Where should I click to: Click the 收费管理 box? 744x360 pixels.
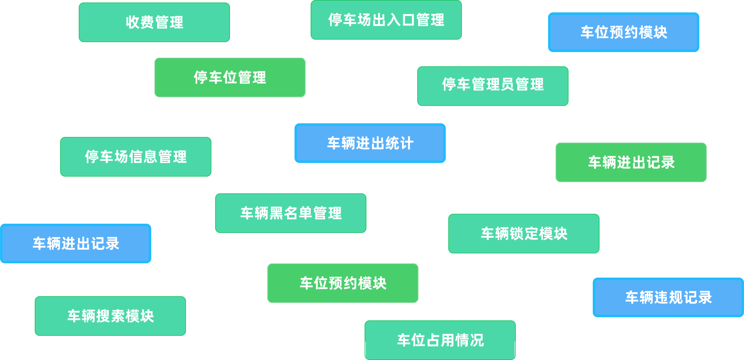point(154,22)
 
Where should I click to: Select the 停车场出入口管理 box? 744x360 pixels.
point(386,20)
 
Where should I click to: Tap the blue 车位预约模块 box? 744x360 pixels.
point(623,32)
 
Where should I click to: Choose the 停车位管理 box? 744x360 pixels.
point(230,77)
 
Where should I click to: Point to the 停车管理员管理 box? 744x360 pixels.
point(493,86)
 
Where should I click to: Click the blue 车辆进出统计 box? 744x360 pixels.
point(370,143)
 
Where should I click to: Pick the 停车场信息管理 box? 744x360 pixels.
point(135,157)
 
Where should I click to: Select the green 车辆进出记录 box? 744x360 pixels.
point(631,162)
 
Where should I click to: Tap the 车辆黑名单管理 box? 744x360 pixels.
point(290,213)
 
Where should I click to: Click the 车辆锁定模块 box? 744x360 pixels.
point(524,234)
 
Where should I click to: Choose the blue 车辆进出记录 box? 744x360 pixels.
point(76,244)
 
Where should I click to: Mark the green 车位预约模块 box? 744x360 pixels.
point(343,283)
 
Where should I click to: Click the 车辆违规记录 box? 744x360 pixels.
point(668,297)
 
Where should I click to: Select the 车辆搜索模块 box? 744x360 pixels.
point(110,316)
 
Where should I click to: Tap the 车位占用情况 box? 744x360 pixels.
point(440,340)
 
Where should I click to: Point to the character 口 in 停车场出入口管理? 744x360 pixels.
point(408,20)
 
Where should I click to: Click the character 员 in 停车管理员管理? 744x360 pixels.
point(507,84)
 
